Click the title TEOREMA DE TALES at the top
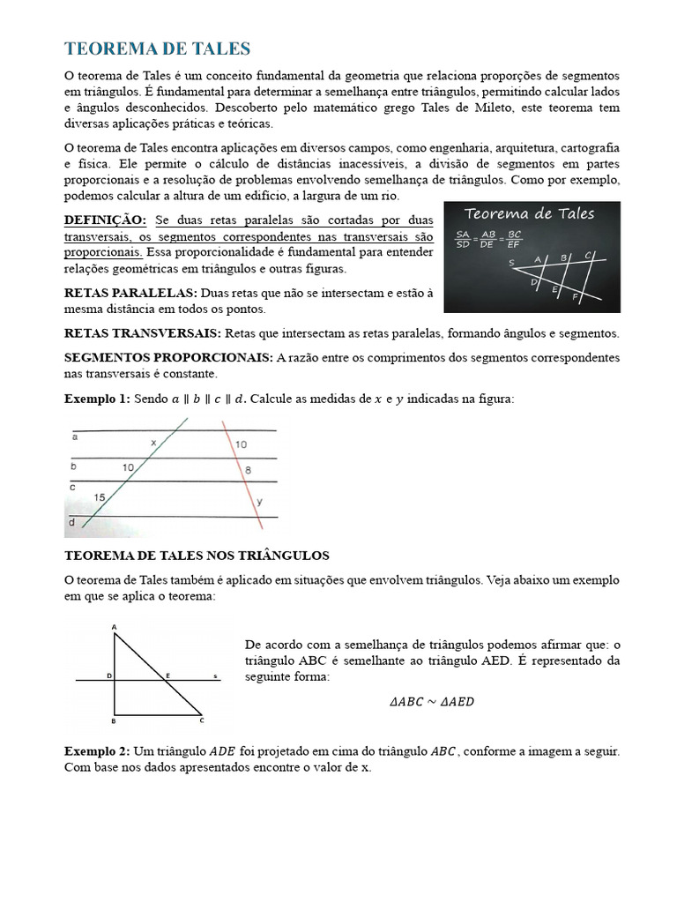click(158, 49)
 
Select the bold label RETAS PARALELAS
click(130, 292)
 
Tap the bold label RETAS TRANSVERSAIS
click(143, 333)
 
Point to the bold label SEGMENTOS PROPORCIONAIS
click(169, 357)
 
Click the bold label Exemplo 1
click(96, 399)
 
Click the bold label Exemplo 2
click(96, 751)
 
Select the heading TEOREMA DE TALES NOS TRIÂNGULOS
click(197, 556)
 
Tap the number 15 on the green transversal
click(100, 498)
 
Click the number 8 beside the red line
click(248, 471)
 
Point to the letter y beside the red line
click(259, 502)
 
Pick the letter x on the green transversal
click(153, 442)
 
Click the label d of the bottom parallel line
click(72, 523)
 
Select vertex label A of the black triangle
click(115, 627)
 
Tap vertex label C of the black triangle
click(202, 720)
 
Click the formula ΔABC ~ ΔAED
click(432, 703)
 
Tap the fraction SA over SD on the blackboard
click(462, 239)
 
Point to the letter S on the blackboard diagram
click(511, 263)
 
